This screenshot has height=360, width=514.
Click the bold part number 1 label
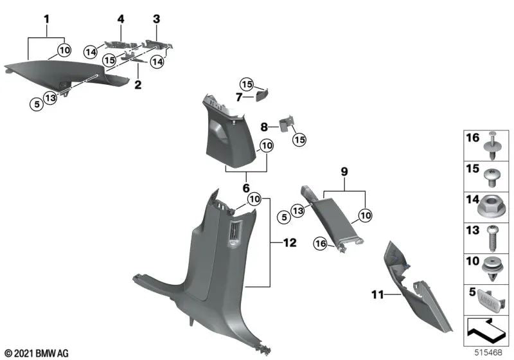click(x=46, y=19)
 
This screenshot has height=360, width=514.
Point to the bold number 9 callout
click(x=344, y=172)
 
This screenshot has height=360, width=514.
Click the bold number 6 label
click(x=245, y=188)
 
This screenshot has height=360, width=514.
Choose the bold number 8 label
click(x=263, y=127)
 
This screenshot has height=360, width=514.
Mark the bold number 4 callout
click(x=120, y=19)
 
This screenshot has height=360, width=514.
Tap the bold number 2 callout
click(x=137, y=84)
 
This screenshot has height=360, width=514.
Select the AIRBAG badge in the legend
click(x=486, y=298)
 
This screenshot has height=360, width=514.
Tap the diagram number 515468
click(x=492, y=352)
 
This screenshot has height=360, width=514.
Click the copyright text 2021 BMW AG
click(x=37, y=353)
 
